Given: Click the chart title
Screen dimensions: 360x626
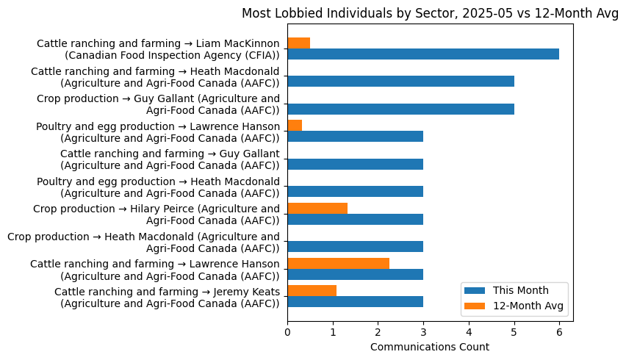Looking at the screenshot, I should (x=430, y=13).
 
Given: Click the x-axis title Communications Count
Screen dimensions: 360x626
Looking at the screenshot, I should (x=430, y=347).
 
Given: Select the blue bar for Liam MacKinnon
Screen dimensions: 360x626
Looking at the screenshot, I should (x=423, y=54).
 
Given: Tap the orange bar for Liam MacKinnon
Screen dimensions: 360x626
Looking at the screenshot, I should (x=299, y=43).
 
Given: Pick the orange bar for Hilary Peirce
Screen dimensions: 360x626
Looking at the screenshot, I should (x=317, y=208).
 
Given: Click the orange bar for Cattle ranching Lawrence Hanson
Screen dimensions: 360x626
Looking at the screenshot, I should (x=338, y=263).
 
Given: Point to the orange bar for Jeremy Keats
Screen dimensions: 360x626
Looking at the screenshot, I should (x=312, y=291).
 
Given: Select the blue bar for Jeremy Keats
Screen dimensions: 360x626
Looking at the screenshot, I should (x=355, y=301).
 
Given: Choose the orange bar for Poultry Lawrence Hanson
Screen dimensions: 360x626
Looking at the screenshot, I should (x=295, y=126).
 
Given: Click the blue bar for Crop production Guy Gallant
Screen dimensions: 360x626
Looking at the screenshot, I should (x=400, y=109).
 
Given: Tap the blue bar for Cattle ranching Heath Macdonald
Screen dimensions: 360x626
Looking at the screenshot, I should (x=400, y=81).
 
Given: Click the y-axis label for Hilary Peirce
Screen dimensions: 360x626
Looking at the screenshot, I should (x=156, y=214).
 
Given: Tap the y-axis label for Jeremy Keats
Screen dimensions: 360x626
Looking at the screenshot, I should (x=167, y=297).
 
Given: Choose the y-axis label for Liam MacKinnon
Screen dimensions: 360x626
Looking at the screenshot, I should (x=158, y=49).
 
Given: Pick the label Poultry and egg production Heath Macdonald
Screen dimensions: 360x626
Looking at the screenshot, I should (x=158, y=187).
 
